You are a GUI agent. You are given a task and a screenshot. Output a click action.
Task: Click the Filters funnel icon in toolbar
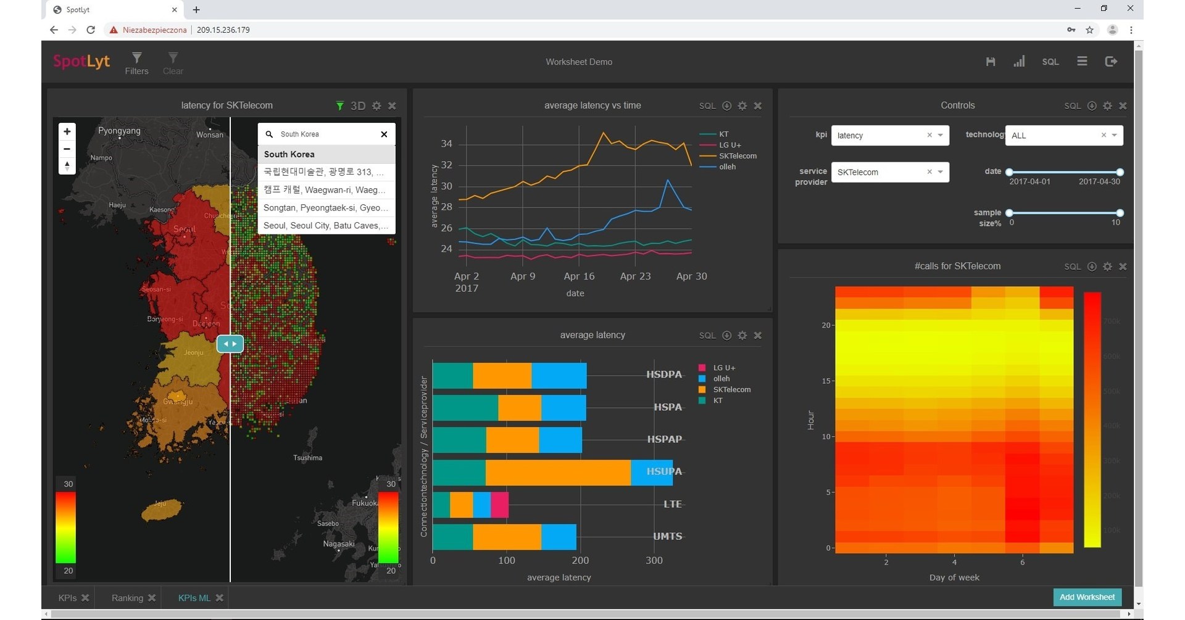136,58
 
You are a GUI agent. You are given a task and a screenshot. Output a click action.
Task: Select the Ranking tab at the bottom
127,598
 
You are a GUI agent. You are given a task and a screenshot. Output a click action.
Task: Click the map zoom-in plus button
67,131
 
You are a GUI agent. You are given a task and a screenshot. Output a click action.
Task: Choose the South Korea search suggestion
289,154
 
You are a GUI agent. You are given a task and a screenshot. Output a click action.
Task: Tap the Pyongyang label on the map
119,131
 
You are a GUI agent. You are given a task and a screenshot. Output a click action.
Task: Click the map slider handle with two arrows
230,344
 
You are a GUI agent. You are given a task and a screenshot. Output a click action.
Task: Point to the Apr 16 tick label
579,276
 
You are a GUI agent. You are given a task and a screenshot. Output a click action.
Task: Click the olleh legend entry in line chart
727,167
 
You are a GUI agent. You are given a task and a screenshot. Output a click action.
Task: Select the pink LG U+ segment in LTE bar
500,505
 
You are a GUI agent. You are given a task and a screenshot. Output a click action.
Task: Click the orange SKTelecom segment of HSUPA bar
558,473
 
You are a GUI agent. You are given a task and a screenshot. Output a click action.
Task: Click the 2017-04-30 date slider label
1099,182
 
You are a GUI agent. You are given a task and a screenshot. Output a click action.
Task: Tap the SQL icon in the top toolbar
1050,62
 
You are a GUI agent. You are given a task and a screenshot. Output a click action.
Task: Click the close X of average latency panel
758,336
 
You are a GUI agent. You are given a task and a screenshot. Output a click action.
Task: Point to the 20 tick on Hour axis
826,325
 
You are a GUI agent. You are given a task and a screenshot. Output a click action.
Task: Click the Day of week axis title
954,577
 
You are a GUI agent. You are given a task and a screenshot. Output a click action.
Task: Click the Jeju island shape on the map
162,510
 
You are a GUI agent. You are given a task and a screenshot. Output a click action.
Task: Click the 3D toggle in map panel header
358,106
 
